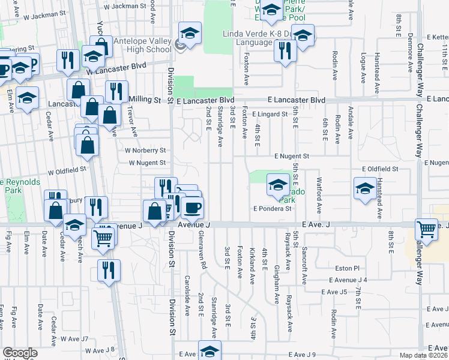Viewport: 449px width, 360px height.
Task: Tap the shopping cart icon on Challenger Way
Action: pyautogui.click(x=426, y=229)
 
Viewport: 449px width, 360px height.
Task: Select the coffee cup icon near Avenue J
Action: pyautogui.click(x=192, y=208)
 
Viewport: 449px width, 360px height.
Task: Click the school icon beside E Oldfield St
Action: pyautogui.click(x=365, y=189)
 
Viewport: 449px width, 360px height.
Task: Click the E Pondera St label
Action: pyautogui.click(x=272, y=209)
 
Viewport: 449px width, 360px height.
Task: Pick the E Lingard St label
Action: pyautogui.click(x=270, y=113)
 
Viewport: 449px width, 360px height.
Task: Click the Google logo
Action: pyautogui.click(x=20, y=353)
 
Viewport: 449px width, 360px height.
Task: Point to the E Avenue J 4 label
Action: pyautogui.click(x=345, y=280)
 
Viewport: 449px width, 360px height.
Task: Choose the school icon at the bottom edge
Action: pyautogui.click(x=209, y=351)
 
